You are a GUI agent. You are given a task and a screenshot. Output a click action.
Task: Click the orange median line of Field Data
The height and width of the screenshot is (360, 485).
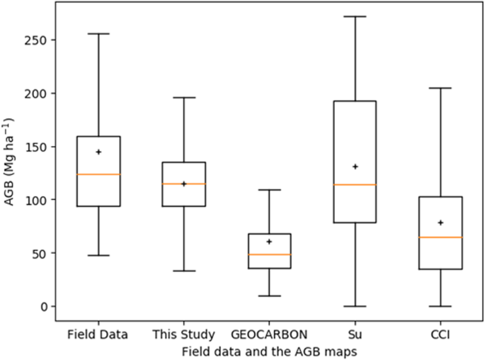98,174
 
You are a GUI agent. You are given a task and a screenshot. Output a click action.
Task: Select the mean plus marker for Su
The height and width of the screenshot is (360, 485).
355,167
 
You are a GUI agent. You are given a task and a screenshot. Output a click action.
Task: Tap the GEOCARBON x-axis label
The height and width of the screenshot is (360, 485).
269,332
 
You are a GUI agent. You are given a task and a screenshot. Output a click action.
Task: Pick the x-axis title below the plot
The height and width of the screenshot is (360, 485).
268,350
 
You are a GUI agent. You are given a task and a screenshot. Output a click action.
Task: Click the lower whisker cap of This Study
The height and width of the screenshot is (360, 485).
183,271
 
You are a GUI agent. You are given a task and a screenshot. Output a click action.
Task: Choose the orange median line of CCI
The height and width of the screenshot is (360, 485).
440,237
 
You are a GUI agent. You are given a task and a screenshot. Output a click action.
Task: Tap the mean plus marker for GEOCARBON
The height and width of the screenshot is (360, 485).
269,242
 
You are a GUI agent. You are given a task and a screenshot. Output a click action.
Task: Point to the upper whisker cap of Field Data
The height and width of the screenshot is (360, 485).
98,33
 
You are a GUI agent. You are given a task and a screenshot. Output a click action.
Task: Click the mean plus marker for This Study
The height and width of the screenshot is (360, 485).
183,184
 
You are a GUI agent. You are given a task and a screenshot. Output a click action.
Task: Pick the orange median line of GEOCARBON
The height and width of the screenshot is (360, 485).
269,254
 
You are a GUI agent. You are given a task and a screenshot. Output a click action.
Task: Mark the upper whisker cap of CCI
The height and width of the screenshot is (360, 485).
440,88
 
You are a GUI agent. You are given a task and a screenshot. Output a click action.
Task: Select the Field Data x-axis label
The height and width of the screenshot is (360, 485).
98,332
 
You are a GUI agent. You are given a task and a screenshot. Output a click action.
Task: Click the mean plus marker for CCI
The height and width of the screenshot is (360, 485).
440,223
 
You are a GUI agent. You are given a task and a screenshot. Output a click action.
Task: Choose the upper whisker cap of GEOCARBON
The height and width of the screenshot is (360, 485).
269,190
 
